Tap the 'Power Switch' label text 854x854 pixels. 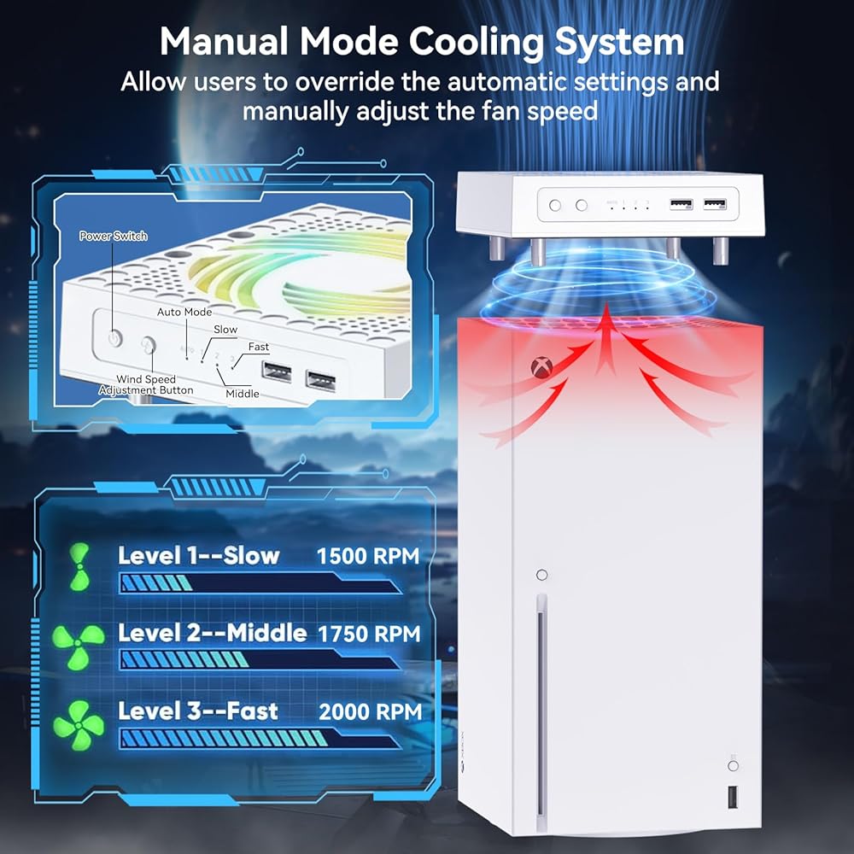[114, 236]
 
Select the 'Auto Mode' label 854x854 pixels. [184, 312]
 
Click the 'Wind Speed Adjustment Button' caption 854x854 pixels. [146, 384]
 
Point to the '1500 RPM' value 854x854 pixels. [368, 556]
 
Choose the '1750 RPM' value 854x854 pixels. [369, 634]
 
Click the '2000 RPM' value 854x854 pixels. [370, 711]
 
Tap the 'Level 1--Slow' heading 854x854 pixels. [198, 556]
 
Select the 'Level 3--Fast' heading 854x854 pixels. [198, 711]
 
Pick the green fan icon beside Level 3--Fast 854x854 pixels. [79, 725]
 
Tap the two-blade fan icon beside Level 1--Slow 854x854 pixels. [79, 565]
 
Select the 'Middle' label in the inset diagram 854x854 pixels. [243, 393]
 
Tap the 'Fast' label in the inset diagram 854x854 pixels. [259, 347]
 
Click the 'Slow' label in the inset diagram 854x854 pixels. [225, 329]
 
